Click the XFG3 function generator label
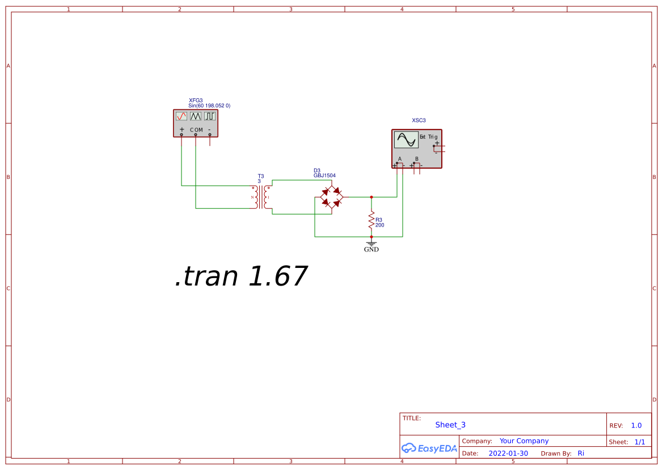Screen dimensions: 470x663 (x=196, y=100)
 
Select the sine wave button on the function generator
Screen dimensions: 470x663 (x=181, y=116)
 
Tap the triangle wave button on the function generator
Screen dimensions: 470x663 (x=196, y=116)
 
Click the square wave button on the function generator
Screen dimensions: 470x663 (x=210, y=116)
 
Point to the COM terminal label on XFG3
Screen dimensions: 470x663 (x=196, y=130)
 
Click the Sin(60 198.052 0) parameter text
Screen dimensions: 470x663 (x=209, y=106)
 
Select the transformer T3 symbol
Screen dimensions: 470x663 (x=261, y=197)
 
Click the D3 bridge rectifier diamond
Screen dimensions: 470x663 (x=332, y=197)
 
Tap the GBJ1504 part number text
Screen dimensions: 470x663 (x=324, y=176)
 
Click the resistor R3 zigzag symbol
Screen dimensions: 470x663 (x=371, y=219)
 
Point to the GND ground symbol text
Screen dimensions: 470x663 (x=371, y=249)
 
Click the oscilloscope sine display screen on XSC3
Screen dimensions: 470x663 (x=406, y=140)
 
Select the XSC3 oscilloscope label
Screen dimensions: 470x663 (x=419, y=120)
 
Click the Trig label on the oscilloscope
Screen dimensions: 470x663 (x=433, y=137)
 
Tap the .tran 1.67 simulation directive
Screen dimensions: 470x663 (x=241, y=277)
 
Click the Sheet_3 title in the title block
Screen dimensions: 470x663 (x=450, y=425)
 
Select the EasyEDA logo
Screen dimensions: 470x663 (x=429, y=448)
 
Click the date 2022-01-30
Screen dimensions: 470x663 (x=508, y=454)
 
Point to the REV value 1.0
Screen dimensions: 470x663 (x=636, y=425)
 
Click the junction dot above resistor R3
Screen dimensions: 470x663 (x=371, y=197)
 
